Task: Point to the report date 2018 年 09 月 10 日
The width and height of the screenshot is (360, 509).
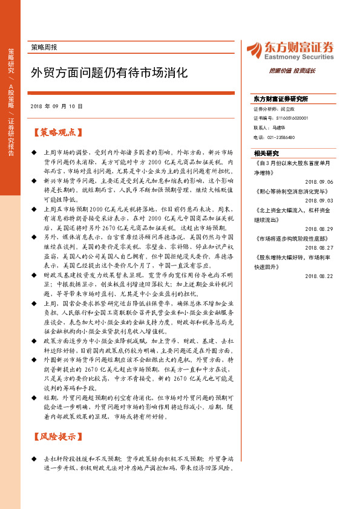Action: pos(56,106)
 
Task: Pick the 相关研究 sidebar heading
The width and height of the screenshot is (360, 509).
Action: pos(267,153)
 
